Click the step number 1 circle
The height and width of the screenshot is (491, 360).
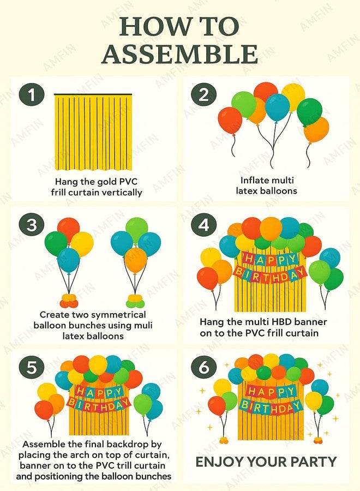point(32,94)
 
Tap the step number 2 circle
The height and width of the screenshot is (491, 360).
point(204,94)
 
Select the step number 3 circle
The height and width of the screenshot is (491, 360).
point(32,225)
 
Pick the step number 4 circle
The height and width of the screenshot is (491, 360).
point(204,225)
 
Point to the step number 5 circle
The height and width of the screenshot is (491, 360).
point(32,367)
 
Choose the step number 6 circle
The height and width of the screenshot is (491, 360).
point(204,367)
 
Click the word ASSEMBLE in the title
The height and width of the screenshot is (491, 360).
point(180,55)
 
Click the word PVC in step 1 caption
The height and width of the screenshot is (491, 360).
point(129,182)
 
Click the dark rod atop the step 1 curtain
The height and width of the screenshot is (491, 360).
point(93,94)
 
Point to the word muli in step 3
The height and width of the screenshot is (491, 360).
point(143,325)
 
